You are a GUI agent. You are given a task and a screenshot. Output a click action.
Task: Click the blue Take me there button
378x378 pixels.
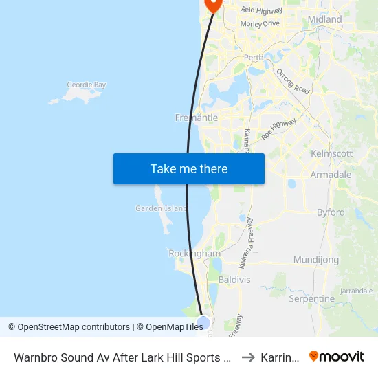pos(189,168)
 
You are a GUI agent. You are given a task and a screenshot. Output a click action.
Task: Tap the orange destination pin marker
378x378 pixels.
pos(214,4)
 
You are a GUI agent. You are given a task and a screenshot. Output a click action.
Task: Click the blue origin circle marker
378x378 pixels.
pos(203,322)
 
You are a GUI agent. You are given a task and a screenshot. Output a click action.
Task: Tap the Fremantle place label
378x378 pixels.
pos(197,118)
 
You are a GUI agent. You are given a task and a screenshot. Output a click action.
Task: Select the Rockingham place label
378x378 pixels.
pos(194,254)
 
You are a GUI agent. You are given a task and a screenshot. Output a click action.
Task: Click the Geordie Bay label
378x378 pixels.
pos(87,85)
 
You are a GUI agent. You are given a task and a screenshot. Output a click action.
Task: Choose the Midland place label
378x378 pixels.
pos(325,19)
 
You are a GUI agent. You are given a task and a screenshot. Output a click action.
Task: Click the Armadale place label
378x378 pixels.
pos(331,175)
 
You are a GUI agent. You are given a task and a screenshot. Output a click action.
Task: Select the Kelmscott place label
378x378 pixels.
pos(332,153)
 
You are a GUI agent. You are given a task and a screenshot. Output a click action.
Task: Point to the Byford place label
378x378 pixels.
pos(331,212)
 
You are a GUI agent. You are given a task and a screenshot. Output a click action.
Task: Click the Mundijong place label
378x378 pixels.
pos(316,260)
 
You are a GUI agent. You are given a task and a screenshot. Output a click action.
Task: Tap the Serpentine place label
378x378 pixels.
pos(311,299)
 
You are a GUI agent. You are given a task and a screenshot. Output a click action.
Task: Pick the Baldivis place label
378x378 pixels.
pos(234,280)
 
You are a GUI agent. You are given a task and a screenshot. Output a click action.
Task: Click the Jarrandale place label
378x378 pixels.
pos(355,291)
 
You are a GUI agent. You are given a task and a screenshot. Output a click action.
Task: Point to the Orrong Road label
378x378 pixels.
pos(293,81)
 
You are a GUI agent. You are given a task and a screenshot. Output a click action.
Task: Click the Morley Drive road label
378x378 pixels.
pos(260,23)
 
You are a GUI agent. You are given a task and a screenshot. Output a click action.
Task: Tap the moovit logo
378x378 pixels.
pos(337,356)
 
